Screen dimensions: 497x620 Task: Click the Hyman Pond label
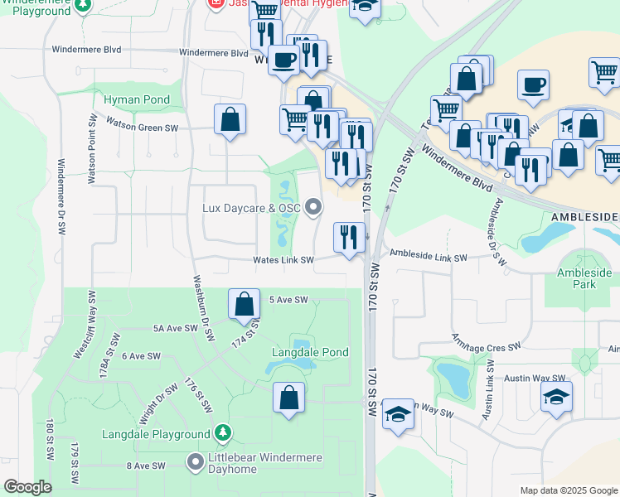point(137,100)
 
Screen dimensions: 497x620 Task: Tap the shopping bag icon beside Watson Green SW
point(230,119)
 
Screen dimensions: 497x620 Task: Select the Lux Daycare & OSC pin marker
point(312,207)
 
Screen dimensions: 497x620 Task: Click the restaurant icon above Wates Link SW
point(349,238)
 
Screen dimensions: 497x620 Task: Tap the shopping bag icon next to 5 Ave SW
point(244,305)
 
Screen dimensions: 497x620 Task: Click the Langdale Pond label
point(310,353)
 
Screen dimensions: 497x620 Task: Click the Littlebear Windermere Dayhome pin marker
point(196,461)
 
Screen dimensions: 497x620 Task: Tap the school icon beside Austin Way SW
point(556,397)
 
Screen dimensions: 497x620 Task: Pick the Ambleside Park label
point(584,278)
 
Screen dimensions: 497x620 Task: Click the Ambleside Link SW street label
point(429,256)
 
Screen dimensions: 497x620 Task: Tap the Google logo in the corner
point(28,487)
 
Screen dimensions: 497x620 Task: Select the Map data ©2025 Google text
point(567,490)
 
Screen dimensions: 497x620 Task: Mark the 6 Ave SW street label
point(140,355)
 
